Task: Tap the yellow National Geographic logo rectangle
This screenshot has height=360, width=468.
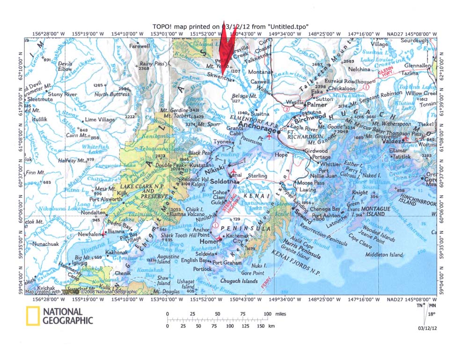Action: pos(33,316)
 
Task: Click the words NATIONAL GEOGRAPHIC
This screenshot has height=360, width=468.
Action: pos(68,316)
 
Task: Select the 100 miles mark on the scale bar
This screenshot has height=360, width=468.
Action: pos(268,314)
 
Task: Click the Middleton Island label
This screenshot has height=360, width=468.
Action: pos(384,255)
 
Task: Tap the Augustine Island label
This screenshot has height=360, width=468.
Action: pos(170,259)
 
